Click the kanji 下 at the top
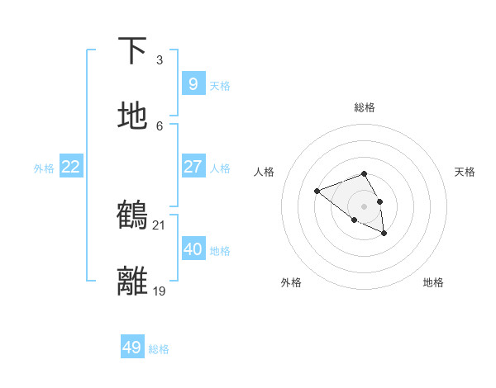pos(133,50)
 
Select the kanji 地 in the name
pos(133,116)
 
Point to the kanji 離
pos(133,280)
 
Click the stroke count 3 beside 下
pos(159,60)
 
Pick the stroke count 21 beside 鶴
pos(159,225)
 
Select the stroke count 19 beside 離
pos(159,291)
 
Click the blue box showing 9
pos(193,83)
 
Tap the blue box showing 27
pos(193,167)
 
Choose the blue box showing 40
pos(193,248)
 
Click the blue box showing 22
pos(71,167)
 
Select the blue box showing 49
pos(131,348)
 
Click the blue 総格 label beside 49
pos(159,349)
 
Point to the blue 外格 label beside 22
pos(44,168)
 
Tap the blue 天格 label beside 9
pos(220,86)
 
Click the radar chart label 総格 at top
pos(365,107)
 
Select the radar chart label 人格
pos(265,172)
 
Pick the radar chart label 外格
pos(291,282)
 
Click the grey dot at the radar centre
pos(365,206)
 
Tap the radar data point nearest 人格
pos(317,192)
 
